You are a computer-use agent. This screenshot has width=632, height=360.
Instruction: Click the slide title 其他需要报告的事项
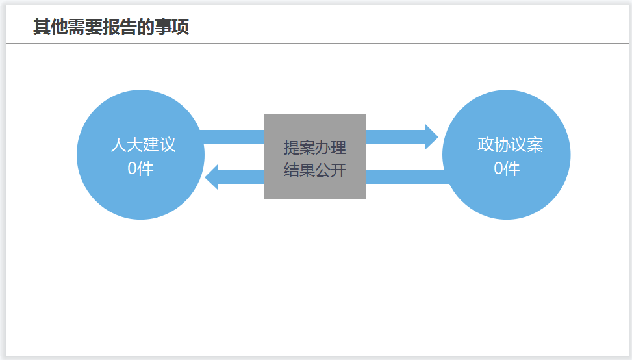pyautogui.click(x=111, y=27)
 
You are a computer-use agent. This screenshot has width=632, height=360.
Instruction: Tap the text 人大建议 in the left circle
pyautogui.click(x=143, y=144)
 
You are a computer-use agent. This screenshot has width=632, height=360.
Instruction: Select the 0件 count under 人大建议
pyautogui.click(x=140, y=168)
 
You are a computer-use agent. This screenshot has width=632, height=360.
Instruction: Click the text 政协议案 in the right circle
pyautogui.click(x=510, y=144)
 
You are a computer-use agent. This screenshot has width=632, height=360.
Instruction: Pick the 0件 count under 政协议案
pyautogui.click(x=507, y=168)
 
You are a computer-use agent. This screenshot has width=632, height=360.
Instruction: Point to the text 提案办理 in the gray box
pyautogui.click(x=315, y=148)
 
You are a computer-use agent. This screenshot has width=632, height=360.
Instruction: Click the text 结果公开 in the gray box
pyautogui.click(x=315, y=171)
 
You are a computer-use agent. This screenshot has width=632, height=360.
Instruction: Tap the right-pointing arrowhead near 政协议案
pyautogui.click(x=431, y=136)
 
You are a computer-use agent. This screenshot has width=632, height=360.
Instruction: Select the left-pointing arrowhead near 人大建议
pyautogui.click(x=212, y=177)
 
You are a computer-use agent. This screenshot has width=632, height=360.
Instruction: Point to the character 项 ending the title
pyautogui.click(x=181, y=27)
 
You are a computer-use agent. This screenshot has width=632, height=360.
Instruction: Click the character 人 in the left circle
pyautogui.click(x=118, y=144)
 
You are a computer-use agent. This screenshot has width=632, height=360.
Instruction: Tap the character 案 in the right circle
pyautogui.click(x=535, y=144)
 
